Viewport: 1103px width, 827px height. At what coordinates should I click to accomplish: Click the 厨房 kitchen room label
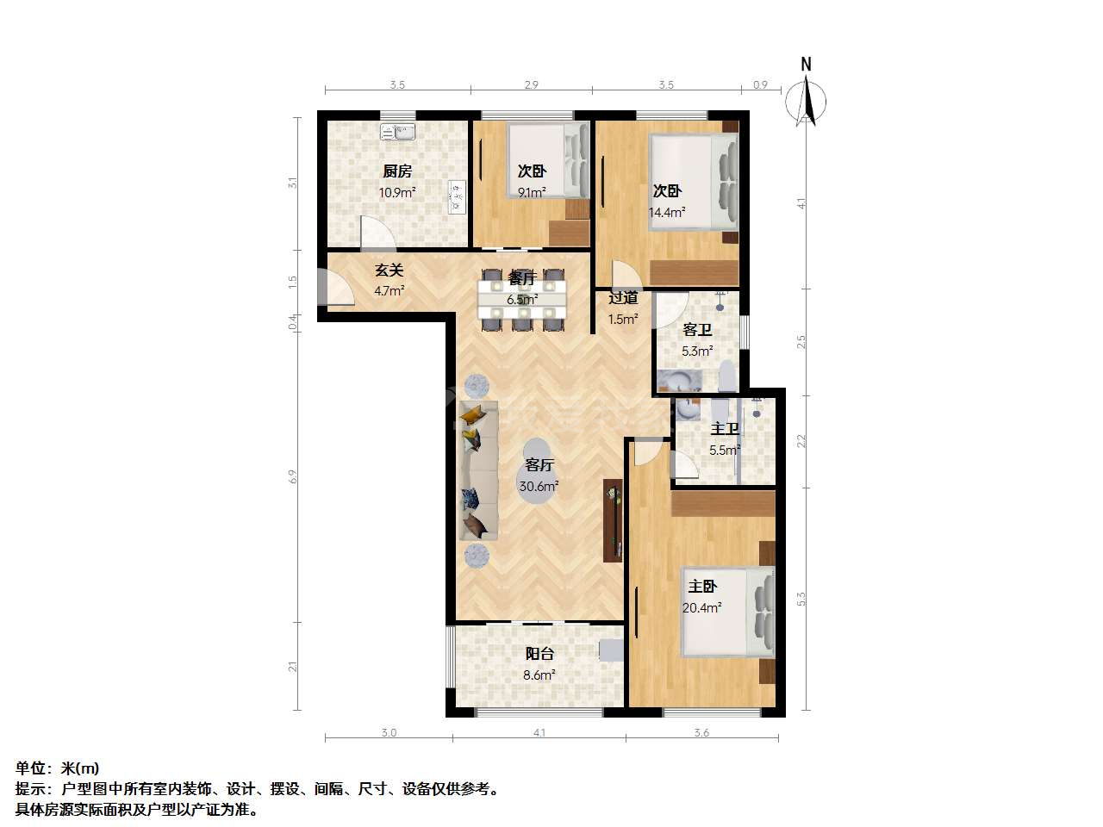[x=397, y=171]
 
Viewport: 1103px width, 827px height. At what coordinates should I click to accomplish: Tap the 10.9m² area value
[x=397, y=192]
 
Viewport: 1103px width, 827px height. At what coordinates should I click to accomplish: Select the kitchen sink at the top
[x=397, y=132]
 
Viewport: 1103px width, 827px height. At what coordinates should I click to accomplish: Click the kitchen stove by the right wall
[x=457, y=197]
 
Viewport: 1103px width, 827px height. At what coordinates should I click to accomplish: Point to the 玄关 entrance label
[x=389, y=270]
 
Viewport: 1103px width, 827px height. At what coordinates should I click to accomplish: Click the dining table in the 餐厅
[x=522, y=300]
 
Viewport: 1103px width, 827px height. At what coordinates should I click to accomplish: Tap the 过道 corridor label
[x=623, y=298]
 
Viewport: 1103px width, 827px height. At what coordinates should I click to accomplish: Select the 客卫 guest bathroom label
[x=697, y=330]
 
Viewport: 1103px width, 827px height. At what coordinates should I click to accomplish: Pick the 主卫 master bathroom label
[x=725, y=429]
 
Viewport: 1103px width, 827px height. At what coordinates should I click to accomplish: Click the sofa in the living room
[x=478, y=470]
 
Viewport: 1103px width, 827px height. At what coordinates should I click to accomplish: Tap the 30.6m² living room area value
[x=539, y=486]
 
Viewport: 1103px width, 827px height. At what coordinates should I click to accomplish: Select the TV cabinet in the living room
[x=613, y=520]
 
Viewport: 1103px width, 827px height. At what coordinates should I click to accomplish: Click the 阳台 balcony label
[x=539, y=653]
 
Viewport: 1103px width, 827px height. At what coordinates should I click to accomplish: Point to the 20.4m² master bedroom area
[x=701, y=607]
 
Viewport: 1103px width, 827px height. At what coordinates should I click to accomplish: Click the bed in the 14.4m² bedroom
[x=694, y=182]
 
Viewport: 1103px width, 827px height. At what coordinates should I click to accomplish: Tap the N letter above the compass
[x=806, y=65]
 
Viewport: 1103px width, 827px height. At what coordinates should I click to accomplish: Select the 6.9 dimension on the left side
[x=293, y=476]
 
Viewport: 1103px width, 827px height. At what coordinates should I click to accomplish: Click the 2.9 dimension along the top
[x=531, y=85]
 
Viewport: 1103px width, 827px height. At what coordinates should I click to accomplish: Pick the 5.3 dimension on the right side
[x=801, y=599]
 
